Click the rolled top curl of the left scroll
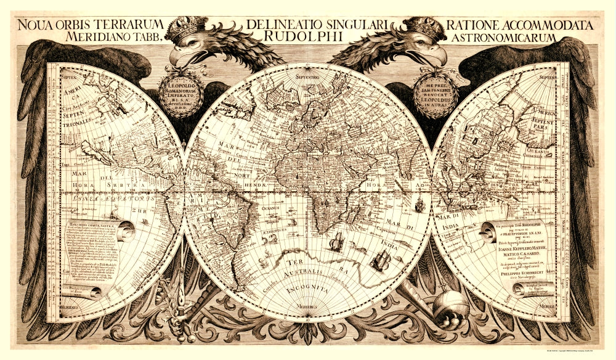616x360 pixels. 124,230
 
